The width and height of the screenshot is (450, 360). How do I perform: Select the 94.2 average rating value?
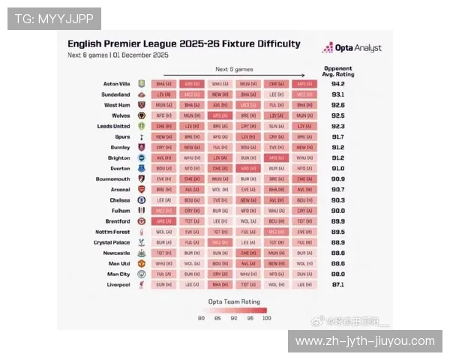click(338, 84)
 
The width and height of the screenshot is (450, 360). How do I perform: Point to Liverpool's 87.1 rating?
click(338, 285)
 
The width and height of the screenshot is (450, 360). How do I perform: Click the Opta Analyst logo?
click(352, 47)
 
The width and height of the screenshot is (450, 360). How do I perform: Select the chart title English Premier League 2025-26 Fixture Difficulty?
click(184, 43)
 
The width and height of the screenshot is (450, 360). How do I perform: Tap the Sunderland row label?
click(116, 94)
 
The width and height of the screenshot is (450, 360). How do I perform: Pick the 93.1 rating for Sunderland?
click(338, 94)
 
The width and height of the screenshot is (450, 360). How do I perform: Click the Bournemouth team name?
click(113, 179)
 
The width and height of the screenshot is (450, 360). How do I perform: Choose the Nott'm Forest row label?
click(112, 232)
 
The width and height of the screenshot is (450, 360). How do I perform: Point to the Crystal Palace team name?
click(112, 243)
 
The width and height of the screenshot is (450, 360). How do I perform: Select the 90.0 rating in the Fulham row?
click(338, 211)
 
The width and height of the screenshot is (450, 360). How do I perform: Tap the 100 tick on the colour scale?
click(266, 319)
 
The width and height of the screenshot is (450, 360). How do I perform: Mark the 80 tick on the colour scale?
click(202, 319)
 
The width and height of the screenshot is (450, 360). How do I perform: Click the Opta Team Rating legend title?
click(234, 301)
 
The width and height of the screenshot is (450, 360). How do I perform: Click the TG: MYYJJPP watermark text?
click(53, 19)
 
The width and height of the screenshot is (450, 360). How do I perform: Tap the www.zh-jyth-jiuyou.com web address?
click(365, 341)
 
